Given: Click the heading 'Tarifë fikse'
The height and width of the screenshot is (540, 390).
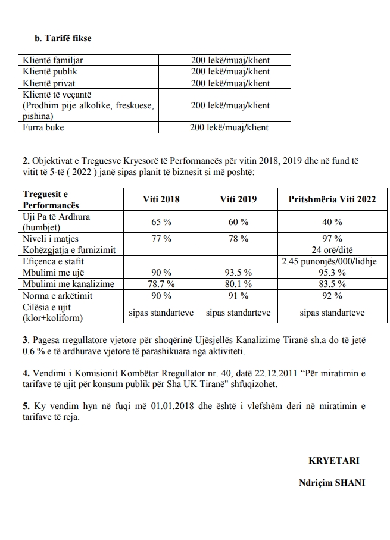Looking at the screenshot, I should [x=66, y=38].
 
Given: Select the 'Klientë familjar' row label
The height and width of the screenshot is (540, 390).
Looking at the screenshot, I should [x=52, y=60].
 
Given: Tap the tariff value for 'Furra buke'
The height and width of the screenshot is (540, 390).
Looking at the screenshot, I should [x=229, y=127].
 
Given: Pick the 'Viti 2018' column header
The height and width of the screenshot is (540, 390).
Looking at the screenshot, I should [x=161, y=199].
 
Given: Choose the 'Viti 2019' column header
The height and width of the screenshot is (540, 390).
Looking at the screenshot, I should [x=238, y=199].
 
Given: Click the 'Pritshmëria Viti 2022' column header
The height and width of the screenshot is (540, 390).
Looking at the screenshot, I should [x=332, y=199].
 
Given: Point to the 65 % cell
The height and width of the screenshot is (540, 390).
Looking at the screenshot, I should [x=161, y=222].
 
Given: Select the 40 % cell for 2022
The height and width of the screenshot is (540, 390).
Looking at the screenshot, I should [x=332, y=222].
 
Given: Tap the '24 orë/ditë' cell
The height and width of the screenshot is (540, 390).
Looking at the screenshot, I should [x=332, y=249].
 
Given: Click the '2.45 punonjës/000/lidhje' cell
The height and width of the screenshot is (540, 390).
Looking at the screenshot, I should [x=332, y=261].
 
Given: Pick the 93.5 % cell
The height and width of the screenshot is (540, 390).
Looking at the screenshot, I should [x=238, y=273].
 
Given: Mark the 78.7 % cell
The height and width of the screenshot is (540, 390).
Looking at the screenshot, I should [x=161, y=284].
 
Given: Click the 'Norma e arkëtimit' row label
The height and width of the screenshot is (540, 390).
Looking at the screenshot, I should [x=57, y=295].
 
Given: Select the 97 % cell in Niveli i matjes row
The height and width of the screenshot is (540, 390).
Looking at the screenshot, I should [x=332, y=238].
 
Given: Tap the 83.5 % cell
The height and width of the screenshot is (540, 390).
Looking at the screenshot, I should [x=332, y=284].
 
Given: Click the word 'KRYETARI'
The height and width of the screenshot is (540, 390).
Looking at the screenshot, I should [x=334, y=461].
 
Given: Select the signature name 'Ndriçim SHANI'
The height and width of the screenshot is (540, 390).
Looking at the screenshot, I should [x=332, y=483].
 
